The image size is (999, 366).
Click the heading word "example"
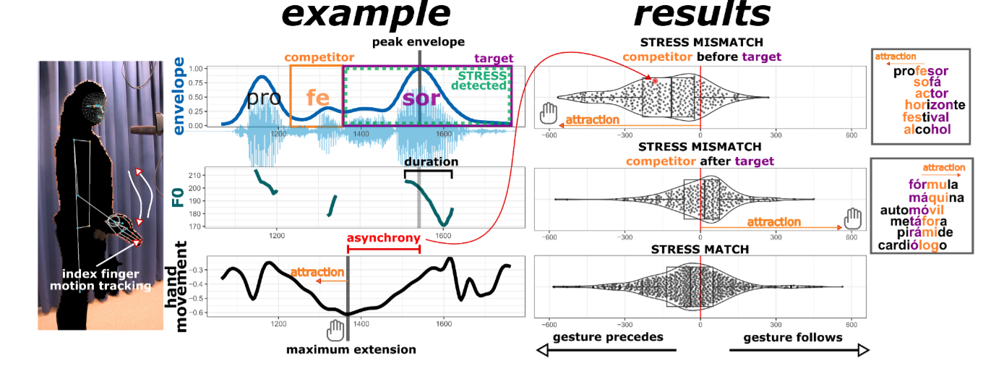(x=366, y=15)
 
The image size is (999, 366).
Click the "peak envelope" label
(x=419, y=42)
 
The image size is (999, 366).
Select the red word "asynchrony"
(x=383, y=238)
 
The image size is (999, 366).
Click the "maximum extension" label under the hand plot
(x=351, y=350)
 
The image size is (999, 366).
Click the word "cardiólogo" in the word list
(x=912, y=245)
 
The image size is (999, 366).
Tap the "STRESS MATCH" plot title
(x=700, y=250)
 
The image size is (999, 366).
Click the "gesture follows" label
(x=792, y=338)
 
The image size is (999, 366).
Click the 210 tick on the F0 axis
(x=194, y=176)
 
